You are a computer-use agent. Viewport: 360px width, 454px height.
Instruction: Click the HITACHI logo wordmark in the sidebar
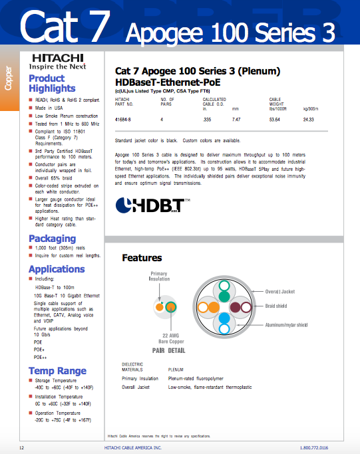(x=55, y=58)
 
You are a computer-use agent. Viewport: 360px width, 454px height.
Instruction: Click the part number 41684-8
(x=123, y=119)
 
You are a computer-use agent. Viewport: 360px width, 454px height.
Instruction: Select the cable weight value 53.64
(x=274, y=119)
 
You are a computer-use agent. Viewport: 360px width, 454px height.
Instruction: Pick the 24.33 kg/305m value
(x=308, y=119)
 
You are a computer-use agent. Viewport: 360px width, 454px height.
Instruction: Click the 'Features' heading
(x=142, y=257)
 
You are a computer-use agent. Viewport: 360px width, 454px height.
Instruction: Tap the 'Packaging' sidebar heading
(x=52, y=239)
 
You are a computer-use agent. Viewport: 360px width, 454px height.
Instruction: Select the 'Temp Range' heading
(x=57, y=371)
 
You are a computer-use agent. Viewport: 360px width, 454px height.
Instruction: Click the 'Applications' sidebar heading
(x=57, y=269)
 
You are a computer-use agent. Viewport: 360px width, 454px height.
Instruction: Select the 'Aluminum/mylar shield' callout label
(x=287, y=324)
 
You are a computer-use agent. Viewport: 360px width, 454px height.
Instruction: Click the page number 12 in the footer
(x=22, y=448)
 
